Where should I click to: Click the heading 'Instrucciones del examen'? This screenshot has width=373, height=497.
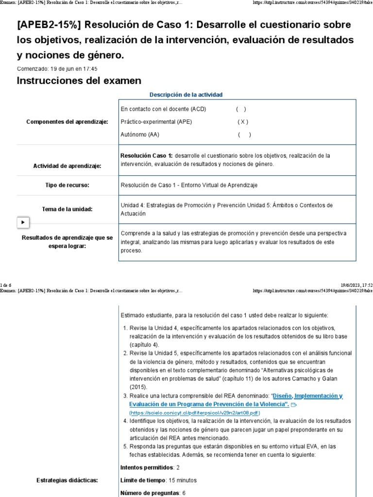point(79,81)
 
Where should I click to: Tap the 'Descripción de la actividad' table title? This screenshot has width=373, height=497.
point(186,95)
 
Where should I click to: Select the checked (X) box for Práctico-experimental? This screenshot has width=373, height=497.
point(243,122)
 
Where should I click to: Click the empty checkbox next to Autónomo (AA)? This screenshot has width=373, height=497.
point(244,134)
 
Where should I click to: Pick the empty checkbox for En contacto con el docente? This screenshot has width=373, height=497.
point(241,109)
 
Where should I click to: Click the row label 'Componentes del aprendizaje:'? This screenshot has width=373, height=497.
point(67,122)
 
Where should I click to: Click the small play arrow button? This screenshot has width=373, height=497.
point(23,222)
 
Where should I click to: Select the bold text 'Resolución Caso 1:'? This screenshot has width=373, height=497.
point(146,156)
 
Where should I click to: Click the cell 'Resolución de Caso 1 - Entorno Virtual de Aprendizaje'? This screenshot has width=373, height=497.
point(189,185)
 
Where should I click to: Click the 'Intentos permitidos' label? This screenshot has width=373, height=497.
point(146,467)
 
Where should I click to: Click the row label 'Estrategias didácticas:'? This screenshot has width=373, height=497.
point(67,480)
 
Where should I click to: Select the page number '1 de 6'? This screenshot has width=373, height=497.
point(6,284)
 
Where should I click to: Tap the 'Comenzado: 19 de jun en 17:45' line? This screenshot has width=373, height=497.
point(57,69)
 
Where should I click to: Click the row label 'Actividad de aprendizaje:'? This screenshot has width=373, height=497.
point(67,166)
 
